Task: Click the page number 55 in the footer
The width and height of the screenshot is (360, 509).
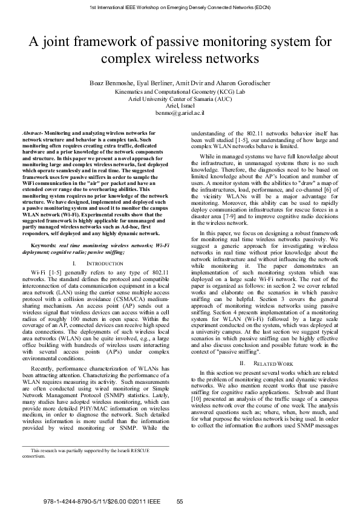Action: tap(180, 501)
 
